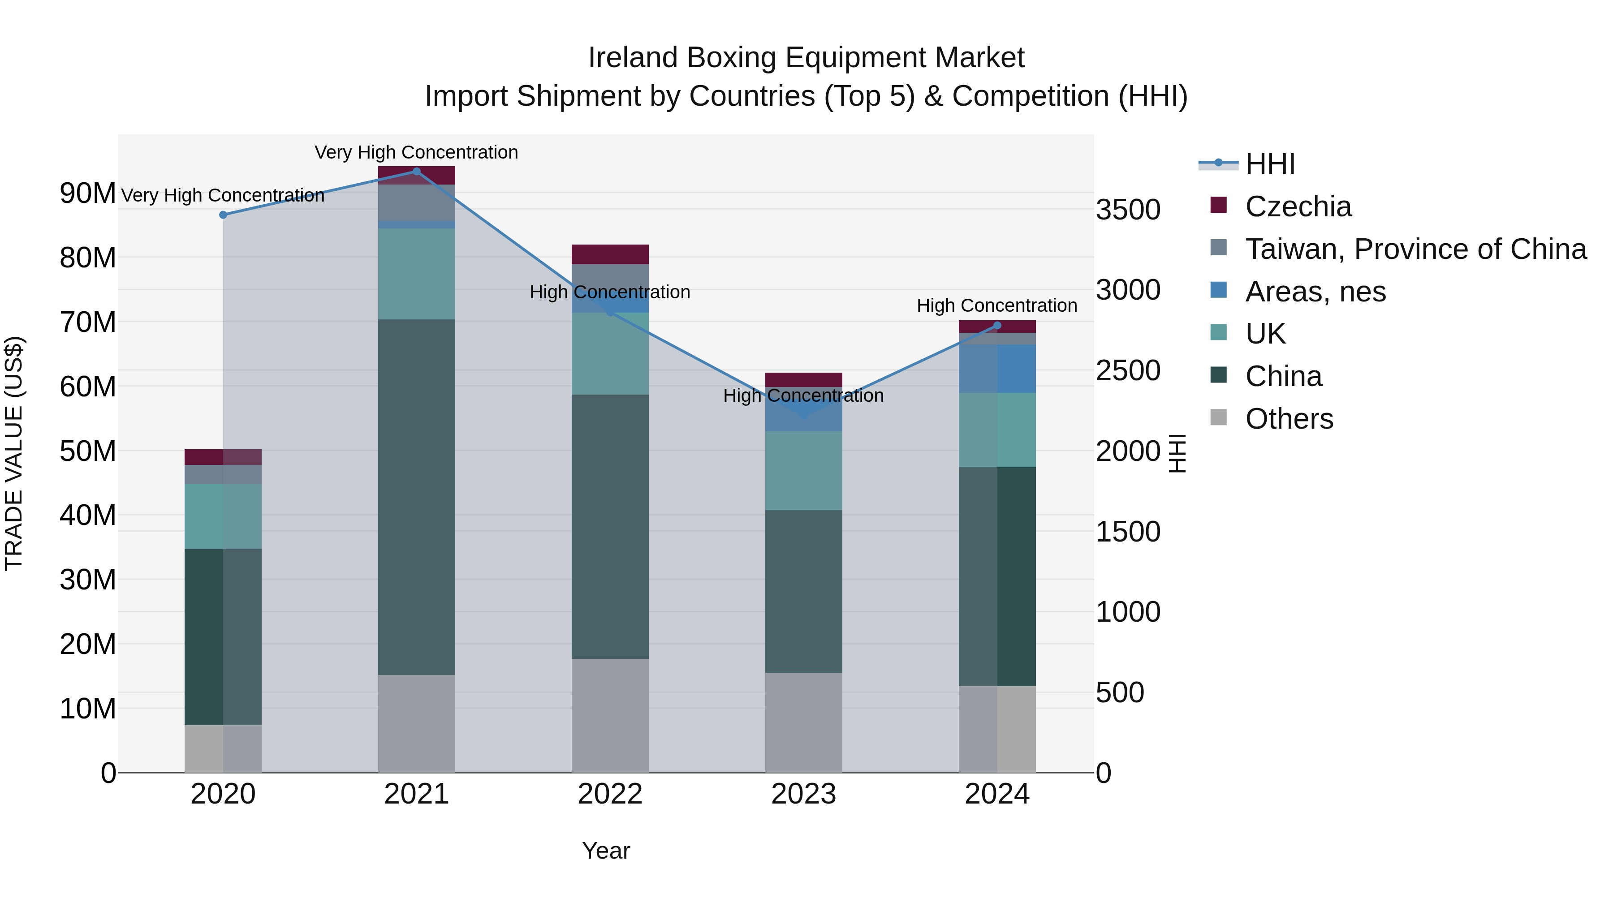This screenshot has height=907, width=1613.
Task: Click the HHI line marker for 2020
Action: click(223, 215)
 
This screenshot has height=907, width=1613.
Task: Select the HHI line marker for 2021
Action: click(416, 172)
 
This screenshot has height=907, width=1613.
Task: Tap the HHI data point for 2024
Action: click(997, 326)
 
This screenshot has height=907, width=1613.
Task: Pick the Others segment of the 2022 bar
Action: click(610, 715)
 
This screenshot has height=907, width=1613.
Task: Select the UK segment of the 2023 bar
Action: click(803, 470)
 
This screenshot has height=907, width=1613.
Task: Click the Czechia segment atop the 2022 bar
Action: click(610, 254)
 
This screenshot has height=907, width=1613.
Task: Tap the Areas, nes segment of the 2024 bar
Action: click(997, 368)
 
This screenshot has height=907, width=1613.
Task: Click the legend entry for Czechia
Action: click(1298, 206)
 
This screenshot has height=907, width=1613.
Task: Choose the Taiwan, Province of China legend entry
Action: click(1415, 249)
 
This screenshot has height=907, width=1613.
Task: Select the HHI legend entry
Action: click(1269, 164)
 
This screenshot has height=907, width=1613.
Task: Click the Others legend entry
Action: click(1289, 419)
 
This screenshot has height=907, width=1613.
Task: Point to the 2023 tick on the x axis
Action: click(803, 794)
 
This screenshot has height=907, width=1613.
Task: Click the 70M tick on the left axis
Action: click(88, 322)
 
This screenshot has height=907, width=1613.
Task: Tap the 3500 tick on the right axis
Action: click(1128, 210)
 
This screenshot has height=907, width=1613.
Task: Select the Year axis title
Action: click(605, 851)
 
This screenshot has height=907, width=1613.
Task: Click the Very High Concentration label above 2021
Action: click(416, 152)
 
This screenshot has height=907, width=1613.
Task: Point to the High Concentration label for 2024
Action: click(997, 305)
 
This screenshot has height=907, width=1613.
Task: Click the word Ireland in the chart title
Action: click(633, 58)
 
